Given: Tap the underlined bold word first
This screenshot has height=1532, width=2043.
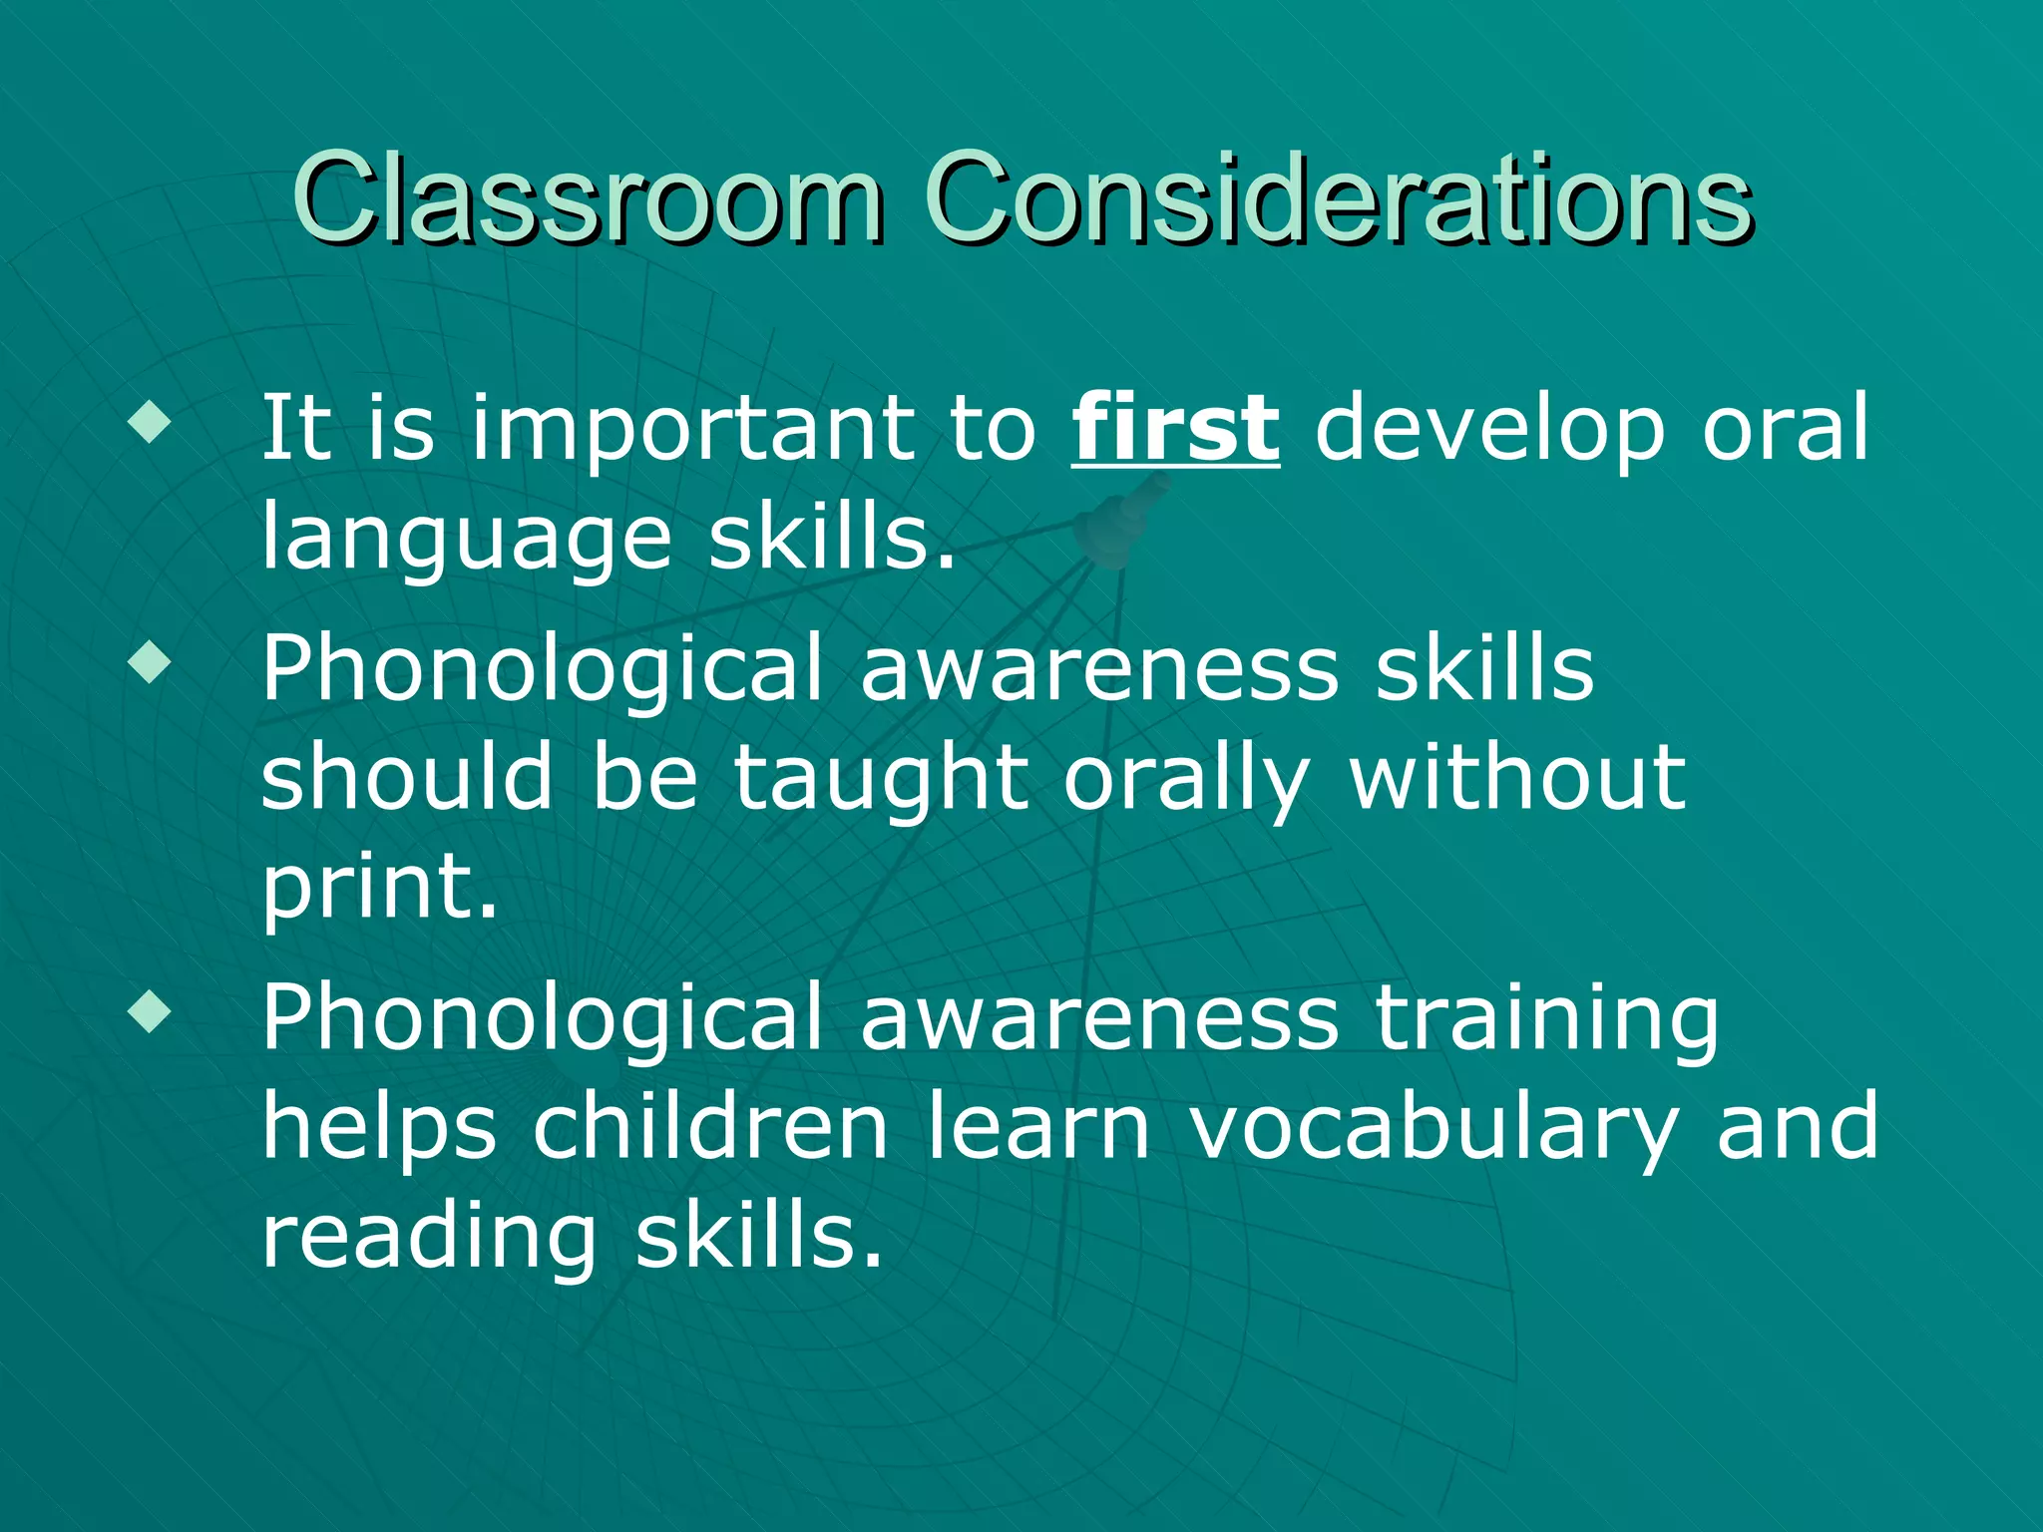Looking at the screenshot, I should pyautogui.click(x=1175, y=428).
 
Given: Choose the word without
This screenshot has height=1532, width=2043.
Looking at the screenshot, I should pyautogui.click(x=1517, y=777).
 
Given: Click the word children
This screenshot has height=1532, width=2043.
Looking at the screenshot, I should pyautogui.click(x=710, y=1126).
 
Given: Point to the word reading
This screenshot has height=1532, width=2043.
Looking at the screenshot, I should pyautogui.click(x=429, y=1238).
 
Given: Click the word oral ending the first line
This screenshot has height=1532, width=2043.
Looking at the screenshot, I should pyautogui.click(x=1785, y=428).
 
